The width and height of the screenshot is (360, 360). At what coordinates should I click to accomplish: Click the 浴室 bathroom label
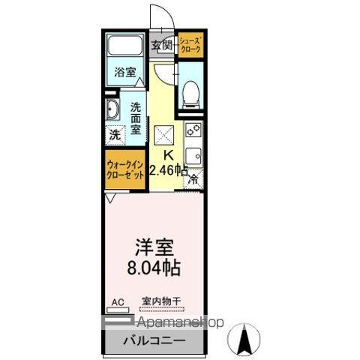125,73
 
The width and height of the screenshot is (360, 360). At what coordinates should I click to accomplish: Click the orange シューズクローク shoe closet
189,46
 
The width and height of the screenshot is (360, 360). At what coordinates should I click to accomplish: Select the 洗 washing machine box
114,136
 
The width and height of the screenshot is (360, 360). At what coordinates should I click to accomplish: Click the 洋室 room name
154,246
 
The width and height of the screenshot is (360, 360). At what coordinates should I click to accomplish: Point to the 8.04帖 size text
155,266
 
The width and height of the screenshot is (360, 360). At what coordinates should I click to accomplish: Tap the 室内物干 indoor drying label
160,302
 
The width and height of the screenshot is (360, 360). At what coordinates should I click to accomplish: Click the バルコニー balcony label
154,341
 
